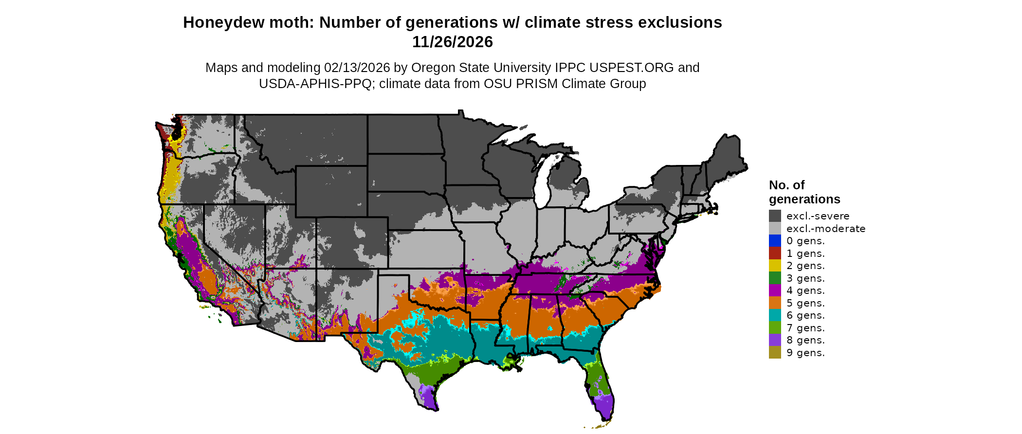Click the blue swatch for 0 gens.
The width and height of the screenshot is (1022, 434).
pyautogui.click(x=775, y=241)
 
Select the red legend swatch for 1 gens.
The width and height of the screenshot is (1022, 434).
pyautogui.click(x=775, y=253)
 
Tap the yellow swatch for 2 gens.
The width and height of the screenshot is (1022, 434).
pyautogui.click(x=775, y=266)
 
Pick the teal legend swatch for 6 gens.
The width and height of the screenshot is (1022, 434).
pyautogui.click(x=775, y=315)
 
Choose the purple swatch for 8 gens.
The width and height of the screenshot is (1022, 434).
pyautogui.click(x=775, y=340)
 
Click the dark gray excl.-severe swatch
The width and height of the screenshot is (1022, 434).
pyautogui.click(x=775, y=216)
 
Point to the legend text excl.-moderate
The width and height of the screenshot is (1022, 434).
pyautogui.click(x=826, y=229)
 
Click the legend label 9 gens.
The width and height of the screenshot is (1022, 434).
pyautogui.click(x=805, y=353)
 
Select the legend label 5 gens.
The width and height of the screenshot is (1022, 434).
pyautogui.click(x=805, y=303)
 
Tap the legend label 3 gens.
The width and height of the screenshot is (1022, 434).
pyautogui.click(x=805, y=278)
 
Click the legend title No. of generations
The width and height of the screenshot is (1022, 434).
pyautogui.click(x=804, y=192)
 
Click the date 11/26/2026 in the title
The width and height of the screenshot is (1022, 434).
pyautogui.click(x=452, y=42)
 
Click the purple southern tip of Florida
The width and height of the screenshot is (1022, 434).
pyautogui.click(x=604, y=407)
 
